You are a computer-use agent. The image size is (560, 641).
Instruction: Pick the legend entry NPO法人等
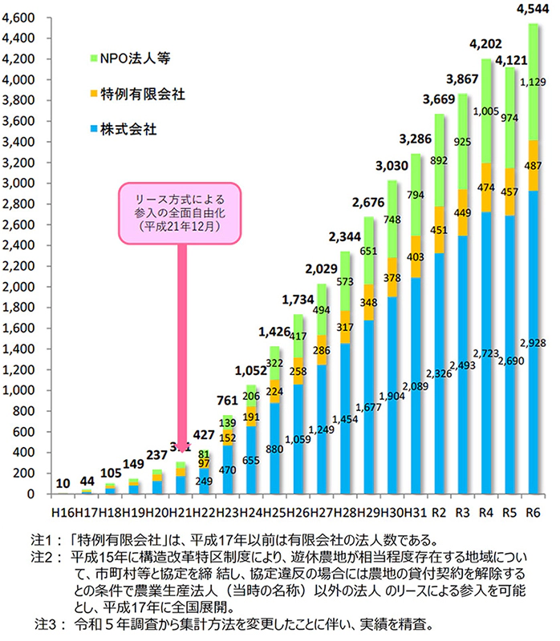[x=134, y=58]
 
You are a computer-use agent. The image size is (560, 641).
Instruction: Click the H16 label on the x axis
[x=62, y=511]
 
